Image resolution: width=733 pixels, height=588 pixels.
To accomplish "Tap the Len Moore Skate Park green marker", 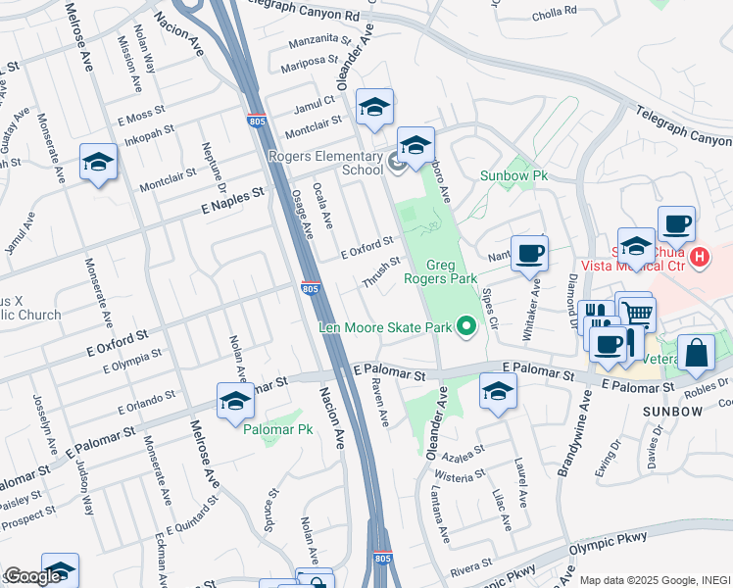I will click(467, 326).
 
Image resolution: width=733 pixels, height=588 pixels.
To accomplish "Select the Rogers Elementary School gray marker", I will click(398, 163).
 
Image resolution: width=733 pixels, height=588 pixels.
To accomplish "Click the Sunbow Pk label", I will click(513, 176).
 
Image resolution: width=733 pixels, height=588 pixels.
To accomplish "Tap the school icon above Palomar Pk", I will click(235, 401).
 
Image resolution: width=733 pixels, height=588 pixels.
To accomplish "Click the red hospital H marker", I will click(699, 258).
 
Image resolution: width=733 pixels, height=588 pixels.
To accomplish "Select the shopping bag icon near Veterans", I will click(695, 354).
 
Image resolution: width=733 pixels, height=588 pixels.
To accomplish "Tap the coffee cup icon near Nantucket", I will click(529, 254).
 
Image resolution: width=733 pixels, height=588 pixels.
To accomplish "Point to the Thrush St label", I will click(381, 272).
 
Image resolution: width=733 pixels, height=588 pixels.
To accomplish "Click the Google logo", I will click(31, 575).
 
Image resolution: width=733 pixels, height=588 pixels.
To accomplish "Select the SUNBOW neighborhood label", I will click(673, 412).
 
